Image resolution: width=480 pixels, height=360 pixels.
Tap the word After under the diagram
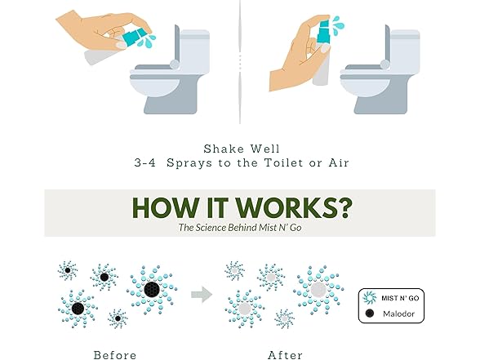[x=285, y=354]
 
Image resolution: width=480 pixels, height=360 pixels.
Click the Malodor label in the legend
[x=398, y=313]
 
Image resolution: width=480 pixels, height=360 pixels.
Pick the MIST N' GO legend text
[x=401, y=298]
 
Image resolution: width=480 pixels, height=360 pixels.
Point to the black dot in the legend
[x=371, y=313]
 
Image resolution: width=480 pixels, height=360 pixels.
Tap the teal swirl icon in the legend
[x=371, y=298]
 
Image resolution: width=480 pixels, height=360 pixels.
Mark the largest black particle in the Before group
[x=151, y=289]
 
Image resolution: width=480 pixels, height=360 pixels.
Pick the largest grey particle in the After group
[x=318, y=289]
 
